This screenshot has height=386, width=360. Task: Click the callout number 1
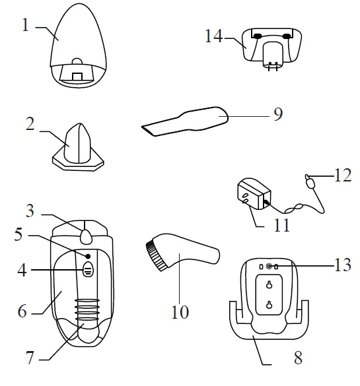pyautogui.click(x=25, y=26)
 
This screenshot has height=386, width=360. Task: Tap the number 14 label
pyautogui.click(x=213, y=36)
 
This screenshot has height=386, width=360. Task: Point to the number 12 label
pyautogui.click(x=342, y=176)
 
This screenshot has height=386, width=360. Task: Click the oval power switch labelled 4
pyautogui.click(x=89, y=270)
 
